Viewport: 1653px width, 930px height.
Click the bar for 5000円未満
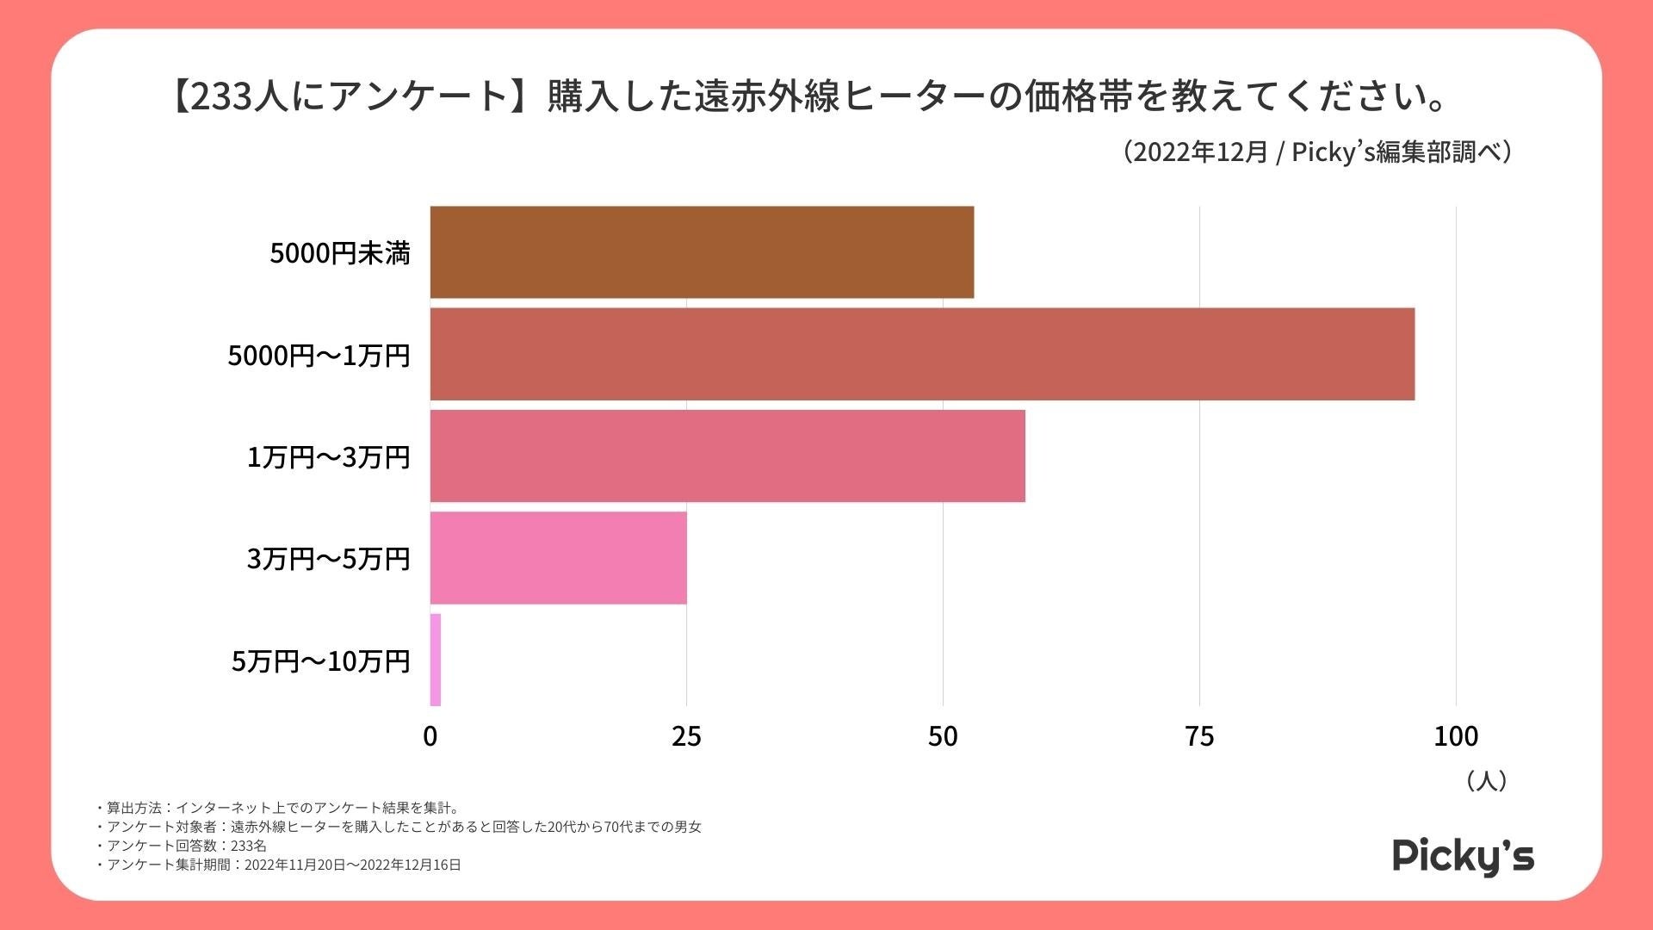[702, 252]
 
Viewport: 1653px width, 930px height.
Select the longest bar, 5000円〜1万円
[921, 354]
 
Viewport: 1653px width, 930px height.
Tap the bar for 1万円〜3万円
[727, 456]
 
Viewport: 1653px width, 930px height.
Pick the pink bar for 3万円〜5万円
[558, 558]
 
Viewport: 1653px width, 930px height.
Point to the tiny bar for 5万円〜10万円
[436, 660]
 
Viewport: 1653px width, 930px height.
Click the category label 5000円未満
[340, 253]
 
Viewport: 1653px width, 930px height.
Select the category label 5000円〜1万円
[319, 355]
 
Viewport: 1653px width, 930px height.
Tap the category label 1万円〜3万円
[328, 456]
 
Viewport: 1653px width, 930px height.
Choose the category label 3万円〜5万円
[328, 559]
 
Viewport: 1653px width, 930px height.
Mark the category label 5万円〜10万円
[320, 660]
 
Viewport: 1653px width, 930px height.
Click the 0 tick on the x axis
[430, 736]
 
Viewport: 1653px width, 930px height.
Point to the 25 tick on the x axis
[686, 736]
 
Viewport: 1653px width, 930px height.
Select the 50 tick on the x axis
[943, 736]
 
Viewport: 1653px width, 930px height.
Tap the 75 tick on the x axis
[1199, 736]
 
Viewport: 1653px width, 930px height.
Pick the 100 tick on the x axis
[1456, 736]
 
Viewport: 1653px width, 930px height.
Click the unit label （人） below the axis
[1486, 780]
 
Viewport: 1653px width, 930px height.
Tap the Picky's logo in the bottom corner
[1463, 856]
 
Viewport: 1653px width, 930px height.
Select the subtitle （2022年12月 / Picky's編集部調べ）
[1317, 152]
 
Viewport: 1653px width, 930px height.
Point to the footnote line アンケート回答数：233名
[185, 846]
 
